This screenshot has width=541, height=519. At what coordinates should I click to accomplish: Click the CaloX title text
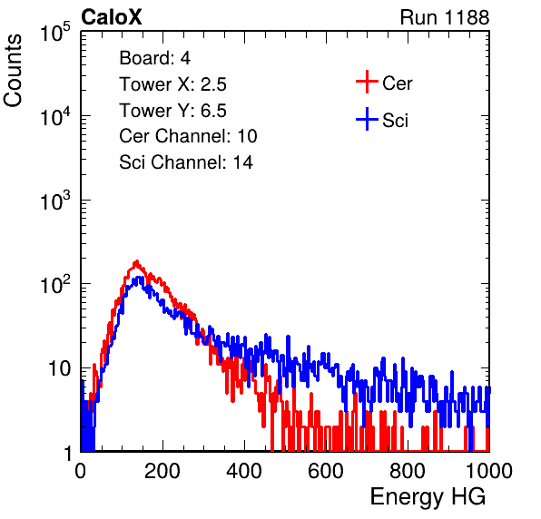coord(111,17)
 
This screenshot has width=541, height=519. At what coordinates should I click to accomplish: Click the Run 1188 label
coord(445,17)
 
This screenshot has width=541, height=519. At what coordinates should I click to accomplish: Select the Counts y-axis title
coord(13,71)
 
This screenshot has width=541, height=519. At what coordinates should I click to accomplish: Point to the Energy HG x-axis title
coord(428,497)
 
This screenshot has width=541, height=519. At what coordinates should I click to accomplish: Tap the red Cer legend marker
coord(367,82)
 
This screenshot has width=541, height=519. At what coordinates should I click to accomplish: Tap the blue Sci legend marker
coord(367,119)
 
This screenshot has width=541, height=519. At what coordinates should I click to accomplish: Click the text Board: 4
coord(154,58)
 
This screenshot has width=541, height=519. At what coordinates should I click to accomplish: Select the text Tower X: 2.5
coord(172,84)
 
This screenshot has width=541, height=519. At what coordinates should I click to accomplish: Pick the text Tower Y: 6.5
coord(172,111)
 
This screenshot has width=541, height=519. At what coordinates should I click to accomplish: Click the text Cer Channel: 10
coord(188,136)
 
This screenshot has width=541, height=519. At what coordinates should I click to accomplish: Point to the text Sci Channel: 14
coord(186,162)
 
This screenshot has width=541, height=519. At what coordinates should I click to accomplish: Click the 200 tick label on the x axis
coord(162,471)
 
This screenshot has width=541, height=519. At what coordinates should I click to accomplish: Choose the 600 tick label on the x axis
coord(326,471)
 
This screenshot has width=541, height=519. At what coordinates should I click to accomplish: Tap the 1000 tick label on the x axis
coord(489,471)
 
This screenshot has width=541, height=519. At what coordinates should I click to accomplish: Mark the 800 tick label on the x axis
coord(408,471)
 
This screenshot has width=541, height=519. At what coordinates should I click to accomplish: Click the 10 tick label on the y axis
coord(59,368)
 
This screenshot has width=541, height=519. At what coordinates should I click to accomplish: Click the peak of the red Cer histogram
coord(137,261)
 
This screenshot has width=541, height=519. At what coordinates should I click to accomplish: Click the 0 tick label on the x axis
coord(81,471)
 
